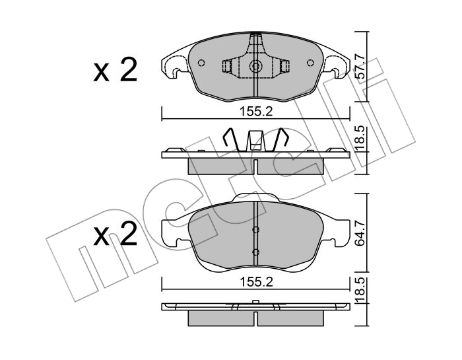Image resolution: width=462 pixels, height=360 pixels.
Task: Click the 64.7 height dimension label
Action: (360, 233)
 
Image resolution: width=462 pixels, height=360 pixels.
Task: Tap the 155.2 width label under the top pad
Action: (256, 112)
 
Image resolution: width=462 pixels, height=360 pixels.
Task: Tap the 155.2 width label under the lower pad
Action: (256, 282)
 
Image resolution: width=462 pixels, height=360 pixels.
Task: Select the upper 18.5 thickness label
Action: (360, 139)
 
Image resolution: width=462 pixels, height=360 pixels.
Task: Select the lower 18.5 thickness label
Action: (360, 290)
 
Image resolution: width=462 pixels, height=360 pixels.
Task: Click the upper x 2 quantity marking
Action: (115, 70)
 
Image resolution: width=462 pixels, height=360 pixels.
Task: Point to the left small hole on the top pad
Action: (201, 63)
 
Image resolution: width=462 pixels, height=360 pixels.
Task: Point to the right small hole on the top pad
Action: (310, 63)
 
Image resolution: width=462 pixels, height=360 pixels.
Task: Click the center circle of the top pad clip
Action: (255, 66)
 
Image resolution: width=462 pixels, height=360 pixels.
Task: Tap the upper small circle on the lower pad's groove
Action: (256, 229)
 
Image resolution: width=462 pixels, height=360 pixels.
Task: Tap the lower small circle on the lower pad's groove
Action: (256, 252)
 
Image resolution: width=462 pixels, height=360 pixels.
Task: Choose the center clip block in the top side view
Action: (255, 141)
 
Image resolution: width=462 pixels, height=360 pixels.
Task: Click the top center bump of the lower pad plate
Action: (255, 198)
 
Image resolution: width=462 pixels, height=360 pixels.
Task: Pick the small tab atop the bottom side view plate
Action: (256, 302)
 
